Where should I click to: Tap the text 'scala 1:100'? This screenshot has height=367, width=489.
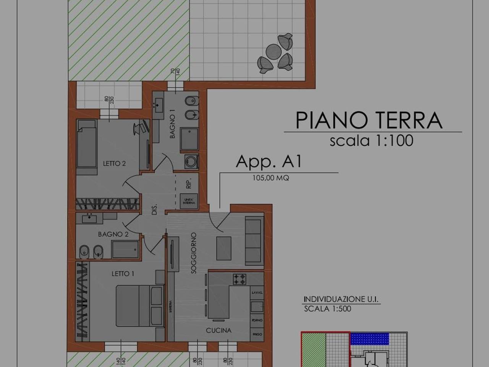coord(371,141)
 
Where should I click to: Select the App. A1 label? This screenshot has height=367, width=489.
coord(269,161)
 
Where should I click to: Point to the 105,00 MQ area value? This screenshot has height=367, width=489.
coord(270,178)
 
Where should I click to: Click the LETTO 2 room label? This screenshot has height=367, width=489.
coord(114,163)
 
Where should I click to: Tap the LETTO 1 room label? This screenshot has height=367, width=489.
coord(123,274)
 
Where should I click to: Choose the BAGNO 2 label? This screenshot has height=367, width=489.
coord(113,234)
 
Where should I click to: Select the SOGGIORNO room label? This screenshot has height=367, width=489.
coord(194,253)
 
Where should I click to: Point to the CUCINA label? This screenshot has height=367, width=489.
coord(219,330)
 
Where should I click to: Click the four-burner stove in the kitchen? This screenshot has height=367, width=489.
coord(240,279)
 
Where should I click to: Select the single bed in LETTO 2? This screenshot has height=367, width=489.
coord(86,143)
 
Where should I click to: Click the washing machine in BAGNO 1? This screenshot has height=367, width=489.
coord(191,161)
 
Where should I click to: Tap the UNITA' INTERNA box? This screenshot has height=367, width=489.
coord(189,200)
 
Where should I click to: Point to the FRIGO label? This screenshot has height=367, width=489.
coord(257,334)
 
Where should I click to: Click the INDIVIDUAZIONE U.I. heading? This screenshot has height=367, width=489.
coord(341,299)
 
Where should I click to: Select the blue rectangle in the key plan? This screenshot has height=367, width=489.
coord(370,338)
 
